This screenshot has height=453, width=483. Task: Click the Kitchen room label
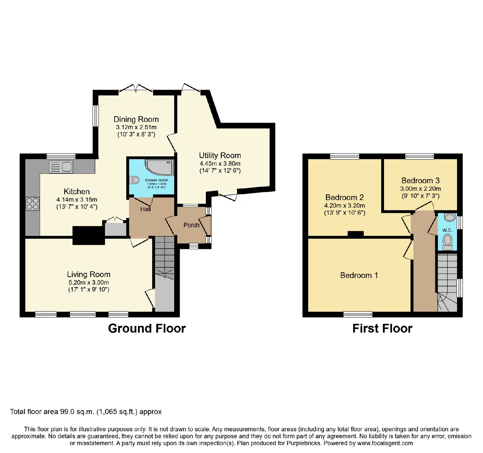(77, 191)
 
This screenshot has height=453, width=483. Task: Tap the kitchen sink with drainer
(61, 167)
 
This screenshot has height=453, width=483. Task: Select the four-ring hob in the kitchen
(33, 203)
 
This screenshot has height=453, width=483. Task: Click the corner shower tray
(160, 168)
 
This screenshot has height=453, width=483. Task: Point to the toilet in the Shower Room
(134, 180)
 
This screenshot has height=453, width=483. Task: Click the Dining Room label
(136, 119)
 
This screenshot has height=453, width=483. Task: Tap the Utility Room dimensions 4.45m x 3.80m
(220, 164)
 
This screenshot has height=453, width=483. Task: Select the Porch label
(191, 225)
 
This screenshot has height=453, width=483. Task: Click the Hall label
(146, 209)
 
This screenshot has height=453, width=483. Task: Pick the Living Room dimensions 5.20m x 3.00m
(88, 282)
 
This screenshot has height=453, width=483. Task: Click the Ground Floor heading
(147, 328)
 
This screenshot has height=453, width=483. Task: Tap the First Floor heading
(382, 328)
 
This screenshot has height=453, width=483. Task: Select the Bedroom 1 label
(359, 275)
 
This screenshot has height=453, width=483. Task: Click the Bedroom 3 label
(421, 180)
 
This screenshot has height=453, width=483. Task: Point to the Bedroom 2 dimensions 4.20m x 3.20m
(345, 206)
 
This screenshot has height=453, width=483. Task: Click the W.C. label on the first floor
(447, 230)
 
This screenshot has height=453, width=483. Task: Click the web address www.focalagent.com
(385, 443)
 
